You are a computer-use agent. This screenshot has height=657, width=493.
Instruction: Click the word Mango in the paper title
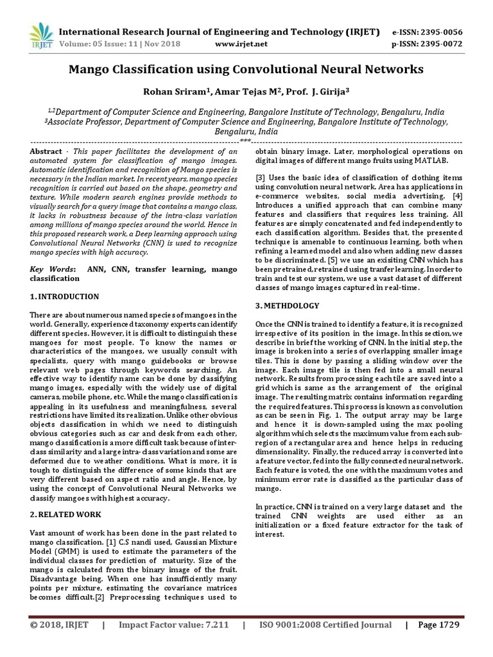[x=92, y=68]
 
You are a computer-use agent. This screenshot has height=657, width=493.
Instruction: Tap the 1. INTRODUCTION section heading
[x=65, y=297]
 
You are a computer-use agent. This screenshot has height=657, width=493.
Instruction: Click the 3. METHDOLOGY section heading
[x=288, y=305]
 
